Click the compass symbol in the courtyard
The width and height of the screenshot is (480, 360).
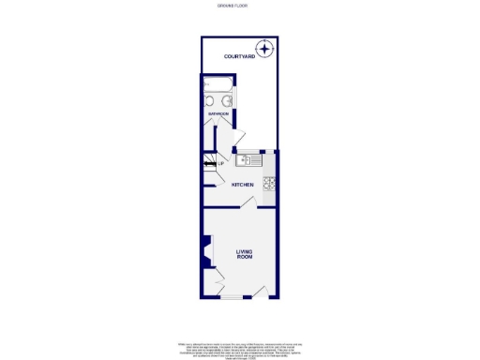[266, 50]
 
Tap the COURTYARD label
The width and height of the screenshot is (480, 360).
[239, 57]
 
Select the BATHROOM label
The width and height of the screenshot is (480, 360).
[218, 113]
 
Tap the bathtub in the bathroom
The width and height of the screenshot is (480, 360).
[218, 93]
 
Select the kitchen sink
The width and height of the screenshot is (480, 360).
[252, 160]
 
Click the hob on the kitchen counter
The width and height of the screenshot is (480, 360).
[269, 183]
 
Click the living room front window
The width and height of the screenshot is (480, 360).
[229, 298]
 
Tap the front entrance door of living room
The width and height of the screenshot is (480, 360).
[262, 292]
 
